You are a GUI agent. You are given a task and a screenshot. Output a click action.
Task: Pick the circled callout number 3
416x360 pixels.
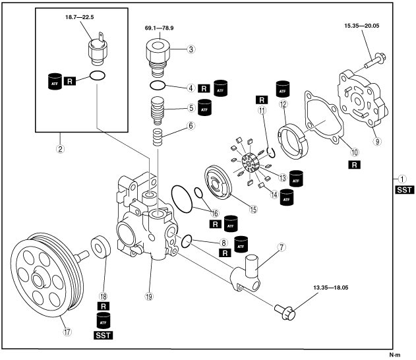191,48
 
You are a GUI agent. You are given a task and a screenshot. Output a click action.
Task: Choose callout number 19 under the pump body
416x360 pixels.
150,296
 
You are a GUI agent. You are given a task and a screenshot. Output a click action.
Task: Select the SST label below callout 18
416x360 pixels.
102,334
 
